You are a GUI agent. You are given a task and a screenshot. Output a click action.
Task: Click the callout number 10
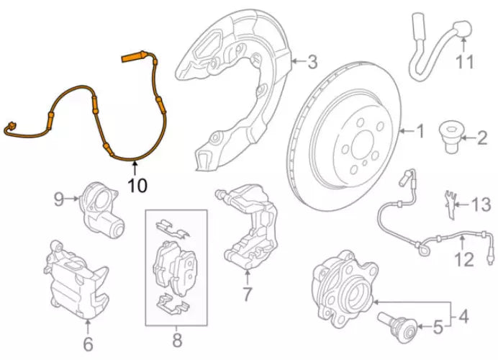click(137, 185)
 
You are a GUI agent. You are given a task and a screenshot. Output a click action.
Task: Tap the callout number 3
click(311, 63)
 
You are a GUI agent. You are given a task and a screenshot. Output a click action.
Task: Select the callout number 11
click(465, 62)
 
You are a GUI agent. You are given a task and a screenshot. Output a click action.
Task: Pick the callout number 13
click(480, 206)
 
